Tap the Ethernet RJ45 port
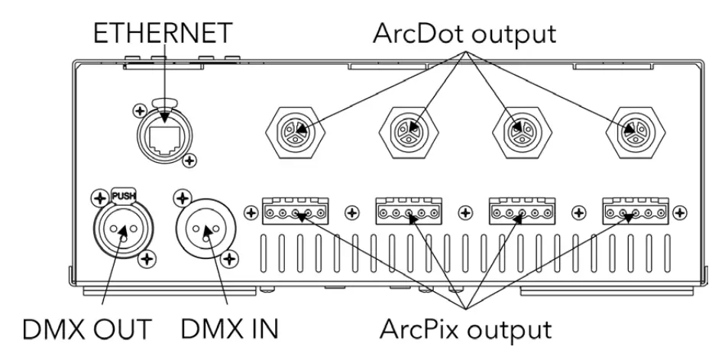pyautogui.click(x=166, y=134)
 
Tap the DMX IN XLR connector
pyautogui.click(x=208, y=229)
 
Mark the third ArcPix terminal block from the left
pyautogui.click(x=519, y=212)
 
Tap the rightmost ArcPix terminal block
pyautogui.click(x=632, y=212)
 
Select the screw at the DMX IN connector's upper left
pyautogui.click(x=181, y=200)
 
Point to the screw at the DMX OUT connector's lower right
pyautogui.click(x=143, y=261)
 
